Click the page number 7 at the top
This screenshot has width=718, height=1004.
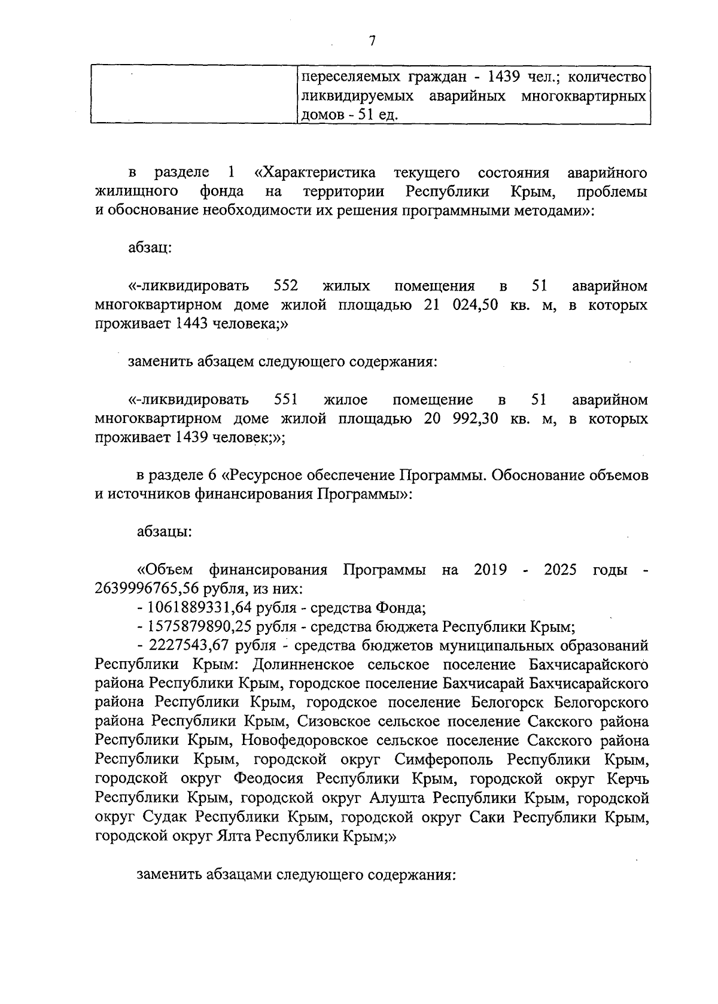tap(372, 41)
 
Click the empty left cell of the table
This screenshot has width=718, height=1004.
tap(194, 95)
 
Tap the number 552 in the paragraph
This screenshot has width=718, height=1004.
tap(285, 286)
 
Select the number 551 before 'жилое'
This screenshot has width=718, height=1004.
tap(285, 400)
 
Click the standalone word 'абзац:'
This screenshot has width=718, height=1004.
tap(150, 248)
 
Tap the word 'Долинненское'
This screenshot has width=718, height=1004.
tap(303, 665)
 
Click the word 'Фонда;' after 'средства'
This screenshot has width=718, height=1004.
tap(400, 609)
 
